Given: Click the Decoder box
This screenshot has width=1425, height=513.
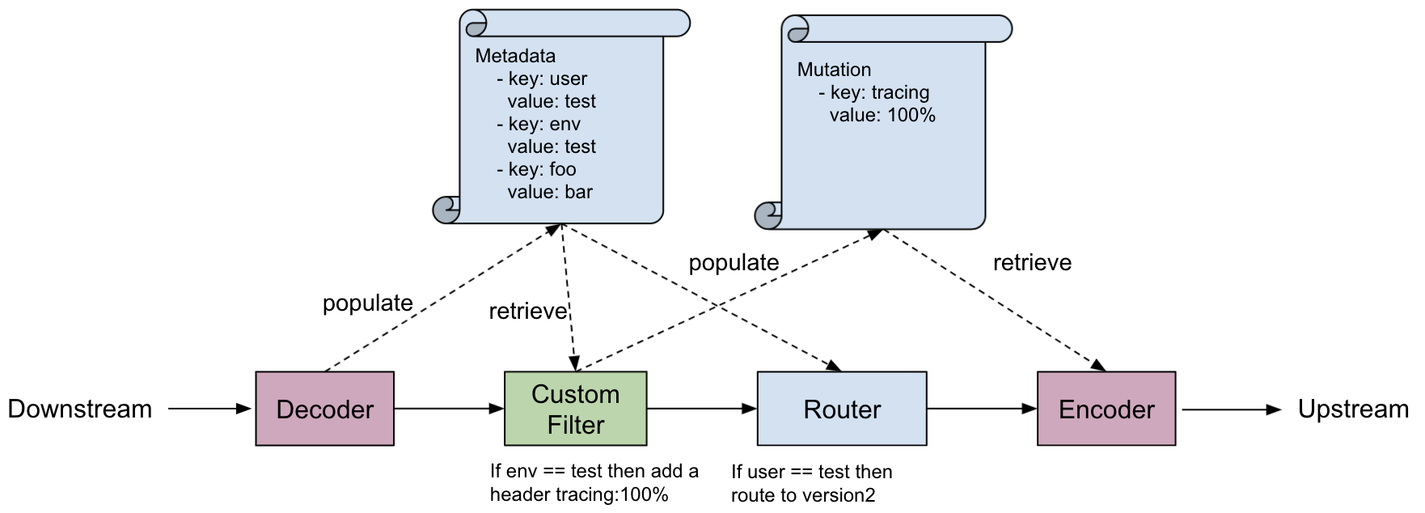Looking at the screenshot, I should pos(324,409).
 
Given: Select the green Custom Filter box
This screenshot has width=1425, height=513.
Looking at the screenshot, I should pos(575,409).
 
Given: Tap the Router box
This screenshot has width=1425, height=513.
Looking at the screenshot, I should pos(841,409).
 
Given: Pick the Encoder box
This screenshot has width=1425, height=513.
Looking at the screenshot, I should pos(1106,409).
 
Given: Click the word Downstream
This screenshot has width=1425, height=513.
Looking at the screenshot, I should pos(80,409).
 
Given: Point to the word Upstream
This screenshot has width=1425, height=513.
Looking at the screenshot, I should pos(1353,409).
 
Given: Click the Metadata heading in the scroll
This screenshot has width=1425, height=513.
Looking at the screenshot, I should pos(515,56).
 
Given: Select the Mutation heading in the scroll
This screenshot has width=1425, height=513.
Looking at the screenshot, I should pos(834,70).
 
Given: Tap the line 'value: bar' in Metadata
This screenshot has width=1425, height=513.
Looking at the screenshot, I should pos(550,192).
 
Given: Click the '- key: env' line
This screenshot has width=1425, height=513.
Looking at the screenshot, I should pos(539,124).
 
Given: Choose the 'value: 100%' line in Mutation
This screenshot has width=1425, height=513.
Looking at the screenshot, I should pos(882,115).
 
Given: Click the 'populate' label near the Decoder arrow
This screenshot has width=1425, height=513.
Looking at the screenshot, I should pos(368,303).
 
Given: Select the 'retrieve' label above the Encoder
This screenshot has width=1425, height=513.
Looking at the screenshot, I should pos(1032,262).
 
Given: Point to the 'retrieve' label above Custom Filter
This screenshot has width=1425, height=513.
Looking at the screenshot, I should pos(527,312).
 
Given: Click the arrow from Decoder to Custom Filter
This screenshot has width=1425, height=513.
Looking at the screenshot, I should pos(449,409).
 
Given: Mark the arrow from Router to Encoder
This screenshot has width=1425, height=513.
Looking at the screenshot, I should pos(981,409).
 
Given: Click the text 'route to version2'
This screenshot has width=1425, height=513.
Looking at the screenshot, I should pos(803,495).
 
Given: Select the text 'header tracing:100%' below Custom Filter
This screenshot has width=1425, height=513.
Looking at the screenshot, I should pos(579,494).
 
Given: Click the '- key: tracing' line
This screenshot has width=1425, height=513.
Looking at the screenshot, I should pos(874,92).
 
